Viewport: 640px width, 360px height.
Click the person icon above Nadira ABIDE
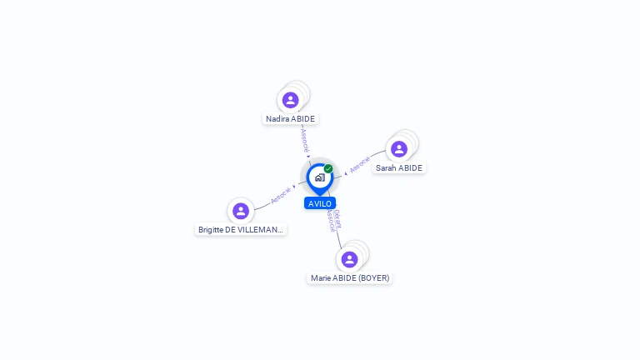pos(290,100)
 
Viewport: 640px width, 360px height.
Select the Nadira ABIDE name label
pos(290,119)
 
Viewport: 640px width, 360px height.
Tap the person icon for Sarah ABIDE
pos(399,149)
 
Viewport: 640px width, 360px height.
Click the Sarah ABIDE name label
pos(399,168)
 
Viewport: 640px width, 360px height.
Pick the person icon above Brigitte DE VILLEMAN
pos(241,211)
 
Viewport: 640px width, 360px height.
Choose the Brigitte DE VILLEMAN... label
pos(241,229)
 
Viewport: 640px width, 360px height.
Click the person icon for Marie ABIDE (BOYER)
pos(350,259)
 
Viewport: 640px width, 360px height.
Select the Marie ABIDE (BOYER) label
pos(350,278)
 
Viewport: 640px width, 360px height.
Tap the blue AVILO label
pos(320,203)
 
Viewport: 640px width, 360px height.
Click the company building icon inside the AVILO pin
pos(319,177)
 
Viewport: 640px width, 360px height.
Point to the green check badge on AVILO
pos(328,169)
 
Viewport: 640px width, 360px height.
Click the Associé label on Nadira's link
pos(305,139)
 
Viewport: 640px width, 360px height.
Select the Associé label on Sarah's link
pos(360,165)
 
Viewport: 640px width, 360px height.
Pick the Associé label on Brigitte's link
pos(281,195)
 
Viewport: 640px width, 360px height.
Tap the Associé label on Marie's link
pos(331,221)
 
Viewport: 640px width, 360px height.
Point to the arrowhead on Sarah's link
pos(346,173)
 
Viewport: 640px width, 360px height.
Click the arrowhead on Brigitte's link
pos(295,187)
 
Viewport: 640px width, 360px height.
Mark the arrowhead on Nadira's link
pos(309,155)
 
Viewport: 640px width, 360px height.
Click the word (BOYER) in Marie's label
pos(372,278)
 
